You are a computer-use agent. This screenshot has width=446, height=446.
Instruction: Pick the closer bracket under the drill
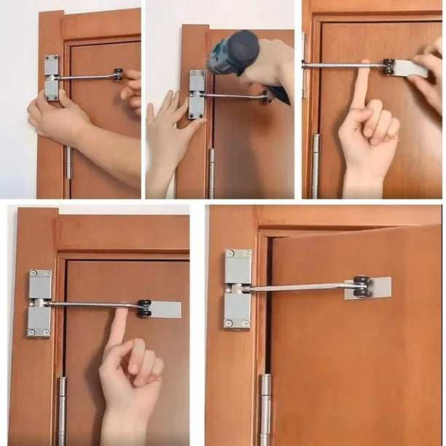(x=197, y=95)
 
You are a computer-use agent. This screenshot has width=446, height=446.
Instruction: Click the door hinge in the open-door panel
(x=266, y=408)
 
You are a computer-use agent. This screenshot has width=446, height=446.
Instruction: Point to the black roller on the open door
(x=361, y=286)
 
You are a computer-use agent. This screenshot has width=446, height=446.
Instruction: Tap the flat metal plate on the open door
(x=377, y=287)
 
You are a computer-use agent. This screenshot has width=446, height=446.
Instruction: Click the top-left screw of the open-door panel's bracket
(x=230, y=254)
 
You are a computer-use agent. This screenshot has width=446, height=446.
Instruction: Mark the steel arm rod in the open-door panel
(x=299, y=288)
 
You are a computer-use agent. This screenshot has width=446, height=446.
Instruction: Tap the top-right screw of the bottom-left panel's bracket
(x=49, y=274)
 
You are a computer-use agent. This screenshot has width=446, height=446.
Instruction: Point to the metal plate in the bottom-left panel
(x=165, y=309)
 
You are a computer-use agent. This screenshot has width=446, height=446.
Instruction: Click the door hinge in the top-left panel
(x=69, y=162)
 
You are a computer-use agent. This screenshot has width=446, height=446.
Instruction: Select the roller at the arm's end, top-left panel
(x=117, y=74)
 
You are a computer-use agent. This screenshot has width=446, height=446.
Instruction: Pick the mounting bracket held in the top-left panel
(x=51, y=77)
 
